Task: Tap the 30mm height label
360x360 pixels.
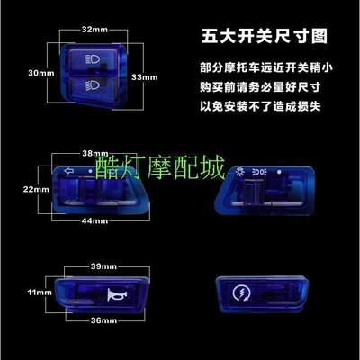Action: coord(35,72)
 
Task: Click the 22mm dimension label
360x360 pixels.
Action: coord(36,189)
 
